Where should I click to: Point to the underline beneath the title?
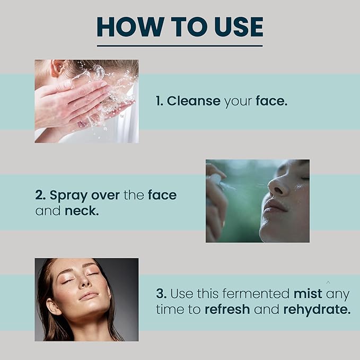(x=180, y=46)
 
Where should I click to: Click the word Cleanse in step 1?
(x=194, y=101)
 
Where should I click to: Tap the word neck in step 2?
(x=82, y=211)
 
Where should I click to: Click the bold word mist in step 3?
(x=308, y=294)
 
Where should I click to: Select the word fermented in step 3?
(x=256, y=294)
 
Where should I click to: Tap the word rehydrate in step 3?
(x=317, y=310)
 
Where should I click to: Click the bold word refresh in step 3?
(x=227, y=309)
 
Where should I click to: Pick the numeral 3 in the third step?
(x=161, y=294)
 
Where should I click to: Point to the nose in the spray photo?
(x=277, y=186)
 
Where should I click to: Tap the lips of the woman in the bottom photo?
(x=89, y=295)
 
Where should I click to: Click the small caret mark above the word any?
(x=328, y=283)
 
